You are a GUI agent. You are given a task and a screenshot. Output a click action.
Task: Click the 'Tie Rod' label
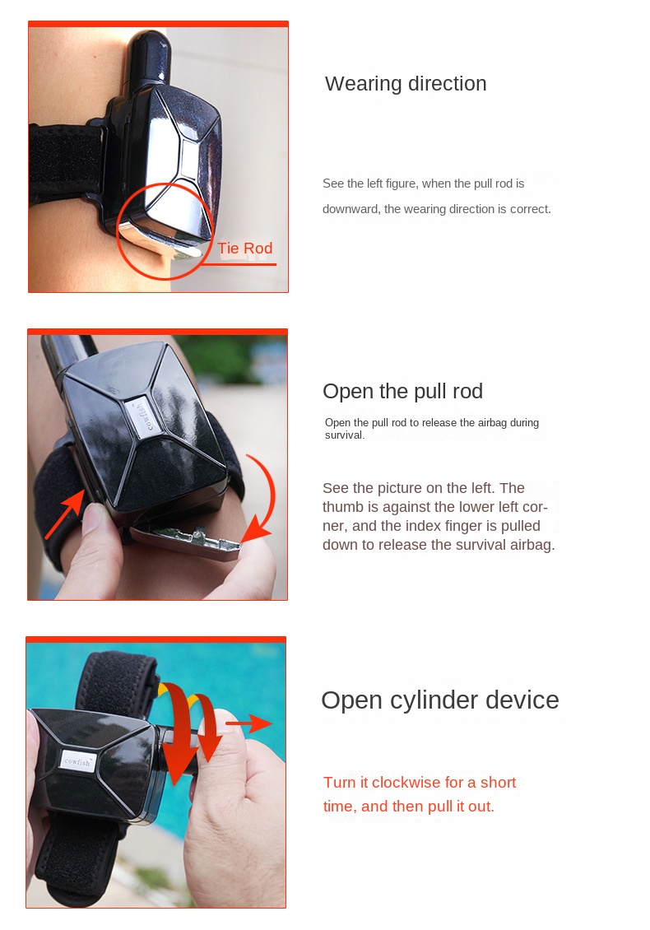coord(245,248)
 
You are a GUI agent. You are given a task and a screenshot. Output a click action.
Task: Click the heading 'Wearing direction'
coord(406,84)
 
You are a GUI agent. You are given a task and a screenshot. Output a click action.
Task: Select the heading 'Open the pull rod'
coord(402,392)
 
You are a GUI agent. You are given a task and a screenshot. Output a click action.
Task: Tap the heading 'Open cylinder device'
coord(440,700)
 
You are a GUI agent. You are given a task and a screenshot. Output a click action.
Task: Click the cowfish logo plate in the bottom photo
coord(77,760)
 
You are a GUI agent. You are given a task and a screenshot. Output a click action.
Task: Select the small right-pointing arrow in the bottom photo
coord(248,723)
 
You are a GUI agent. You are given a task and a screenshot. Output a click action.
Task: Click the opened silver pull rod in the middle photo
coord(186,541)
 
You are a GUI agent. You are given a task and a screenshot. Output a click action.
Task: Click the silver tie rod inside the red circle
coord(160,242)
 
